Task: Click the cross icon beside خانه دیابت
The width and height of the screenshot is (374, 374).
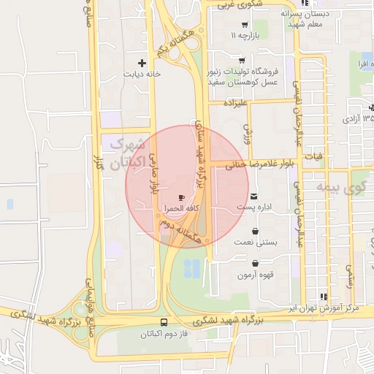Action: tap(151, 64)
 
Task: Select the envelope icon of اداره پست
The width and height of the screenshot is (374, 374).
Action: tap(253, 196)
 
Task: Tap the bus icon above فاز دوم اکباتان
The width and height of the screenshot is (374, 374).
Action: tap(164, 322)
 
